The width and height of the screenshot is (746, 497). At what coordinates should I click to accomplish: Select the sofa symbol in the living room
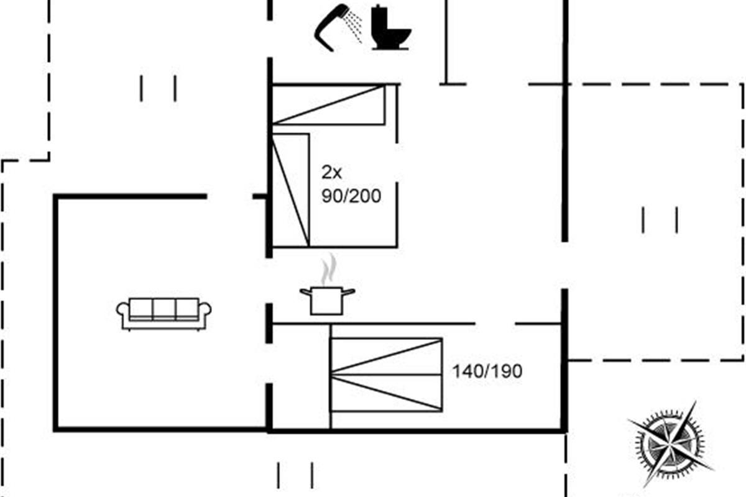164,313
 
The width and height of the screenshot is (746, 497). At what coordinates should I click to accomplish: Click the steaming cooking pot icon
327,299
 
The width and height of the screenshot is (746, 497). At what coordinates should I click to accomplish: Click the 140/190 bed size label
487,372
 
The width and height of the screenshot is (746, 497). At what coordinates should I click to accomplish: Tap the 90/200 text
351,196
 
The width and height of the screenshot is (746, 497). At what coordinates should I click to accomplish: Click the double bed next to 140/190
386,375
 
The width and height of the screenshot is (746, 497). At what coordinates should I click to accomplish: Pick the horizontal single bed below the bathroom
329,105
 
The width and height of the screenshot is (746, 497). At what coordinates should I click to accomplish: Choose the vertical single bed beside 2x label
291,189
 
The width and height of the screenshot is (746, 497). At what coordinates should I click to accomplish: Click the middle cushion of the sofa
164,309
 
